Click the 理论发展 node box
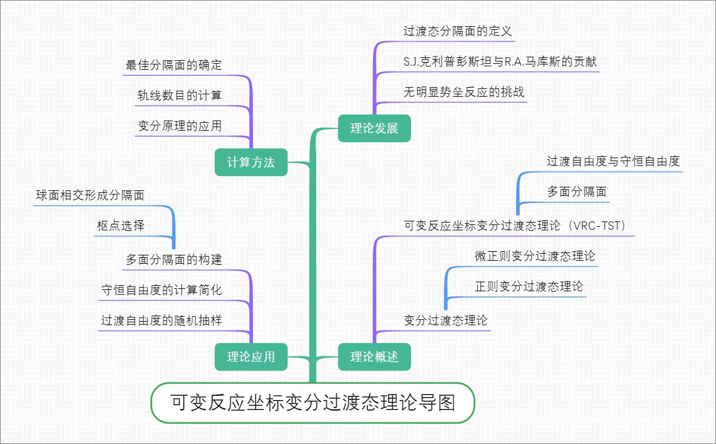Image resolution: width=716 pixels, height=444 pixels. tap(374, 128)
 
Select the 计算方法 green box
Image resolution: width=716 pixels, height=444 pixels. tap(251, 162)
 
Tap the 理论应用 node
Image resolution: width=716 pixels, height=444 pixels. tap(251, 357)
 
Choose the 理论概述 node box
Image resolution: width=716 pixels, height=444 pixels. tap(374, 357)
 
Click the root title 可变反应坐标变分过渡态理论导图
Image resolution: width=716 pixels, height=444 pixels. tap(313, 403)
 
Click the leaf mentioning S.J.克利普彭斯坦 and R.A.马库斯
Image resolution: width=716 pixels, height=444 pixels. tap(500, 61)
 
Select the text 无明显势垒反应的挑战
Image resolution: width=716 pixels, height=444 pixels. tap(464, 92)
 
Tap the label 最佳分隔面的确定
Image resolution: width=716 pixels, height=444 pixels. tap(174, 65)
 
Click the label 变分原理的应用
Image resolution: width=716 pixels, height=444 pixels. tap(180, 126)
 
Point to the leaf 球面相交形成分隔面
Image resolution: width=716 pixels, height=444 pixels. tap(90, 195)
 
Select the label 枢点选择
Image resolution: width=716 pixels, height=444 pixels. tap(121, 226)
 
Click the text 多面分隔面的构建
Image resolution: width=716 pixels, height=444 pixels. tap(174, 260)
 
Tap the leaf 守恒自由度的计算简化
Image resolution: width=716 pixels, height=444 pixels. tap(162, 290)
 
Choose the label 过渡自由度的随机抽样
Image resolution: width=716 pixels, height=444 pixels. tap(162, 320)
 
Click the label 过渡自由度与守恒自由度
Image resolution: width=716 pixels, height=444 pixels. tap(613, 161)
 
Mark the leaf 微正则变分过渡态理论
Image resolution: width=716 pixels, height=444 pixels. tap(535, 256)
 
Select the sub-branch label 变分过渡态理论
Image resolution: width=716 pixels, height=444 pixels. tap(446, 320)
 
